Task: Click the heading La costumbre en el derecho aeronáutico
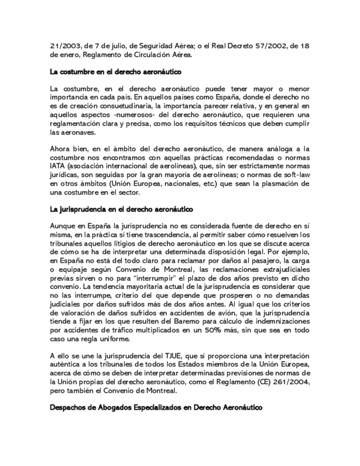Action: pos(115,72)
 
